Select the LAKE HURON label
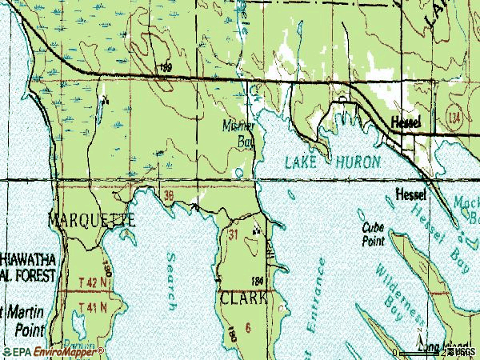(x=333, y=162)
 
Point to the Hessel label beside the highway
(x=411, y=123)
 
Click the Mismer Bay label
(x=239, y=134)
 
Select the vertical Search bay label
(x=171, y=281)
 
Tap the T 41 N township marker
(x=89, y=306)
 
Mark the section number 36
(x=167, y=194)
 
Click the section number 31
(x=234, y=234)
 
